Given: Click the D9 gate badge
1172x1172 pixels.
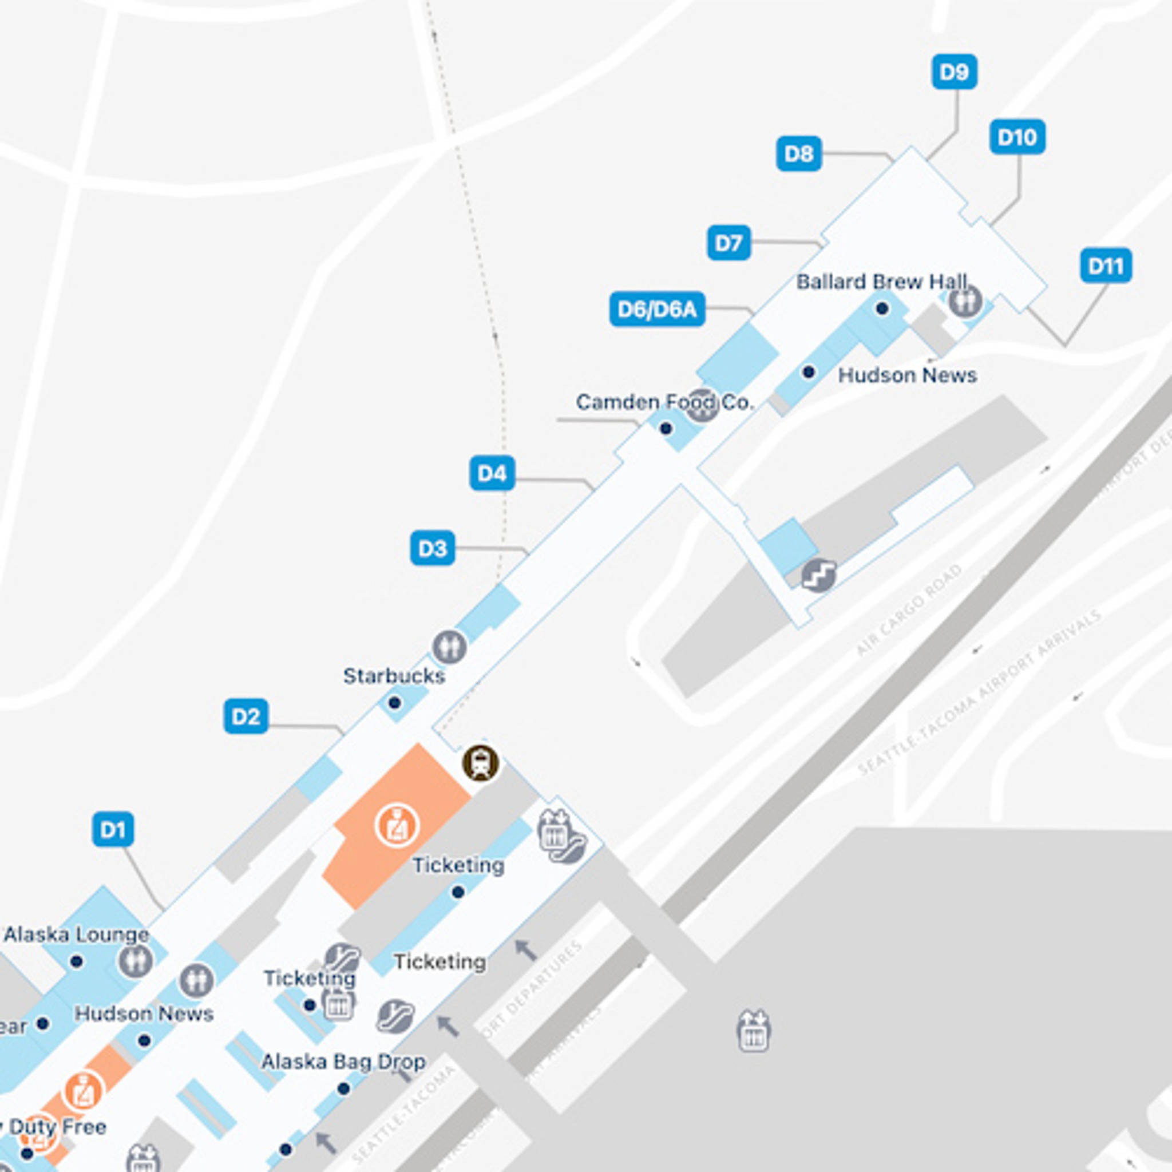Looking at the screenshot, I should pos(953,72).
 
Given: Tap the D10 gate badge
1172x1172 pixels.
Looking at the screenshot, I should pos(1017,137).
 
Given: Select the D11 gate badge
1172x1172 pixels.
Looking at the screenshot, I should pos(1105,266).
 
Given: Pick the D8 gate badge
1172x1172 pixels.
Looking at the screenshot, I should pos(798,153).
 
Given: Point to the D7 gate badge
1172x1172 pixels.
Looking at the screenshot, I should pos(728,243).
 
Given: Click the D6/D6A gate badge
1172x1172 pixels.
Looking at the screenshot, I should pos(657,310).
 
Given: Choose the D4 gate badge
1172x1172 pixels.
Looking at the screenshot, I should pos(492,473).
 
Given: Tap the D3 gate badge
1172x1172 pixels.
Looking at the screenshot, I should pos(433,548).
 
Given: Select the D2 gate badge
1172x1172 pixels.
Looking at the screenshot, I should pos(246,716).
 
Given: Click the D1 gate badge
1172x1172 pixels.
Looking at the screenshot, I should pos(113,829).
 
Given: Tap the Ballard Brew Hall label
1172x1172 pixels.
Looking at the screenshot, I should pos(881,282).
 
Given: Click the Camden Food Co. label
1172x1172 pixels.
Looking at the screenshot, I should pos(664,402).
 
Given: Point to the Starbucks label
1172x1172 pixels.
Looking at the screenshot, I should pos(394,676).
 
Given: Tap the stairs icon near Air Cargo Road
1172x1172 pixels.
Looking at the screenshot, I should pos(818,575).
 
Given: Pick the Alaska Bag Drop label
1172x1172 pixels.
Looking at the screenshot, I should pos(343,1062).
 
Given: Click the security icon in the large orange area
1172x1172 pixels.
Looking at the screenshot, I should pos(397,826).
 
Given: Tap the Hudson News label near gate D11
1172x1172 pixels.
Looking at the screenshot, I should pos(907,375).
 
